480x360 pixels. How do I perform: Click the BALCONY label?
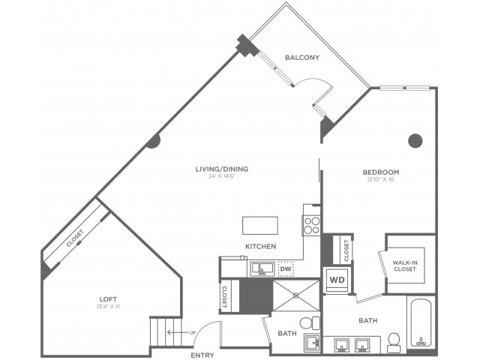click(x=302, y=58)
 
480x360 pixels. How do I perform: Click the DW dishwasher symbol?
click(x=285, y=268)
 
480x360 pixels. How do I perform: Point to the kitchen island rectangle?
click(x=259, y=225)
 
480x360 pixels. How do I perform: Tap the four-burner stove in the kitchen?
click(x=311, y=225)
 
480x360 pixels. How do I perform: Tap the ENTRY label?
click(x=202, y=355)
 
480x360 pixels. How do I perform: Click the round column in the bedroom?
click(x=415, y=139)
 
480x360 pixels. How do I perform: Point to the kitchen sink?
click(x=261, y=268)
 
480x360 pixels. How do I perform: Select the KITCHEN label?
click(x=260, y=247)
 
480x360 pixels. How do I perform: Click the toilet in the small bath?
click(x=305, y=323)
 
